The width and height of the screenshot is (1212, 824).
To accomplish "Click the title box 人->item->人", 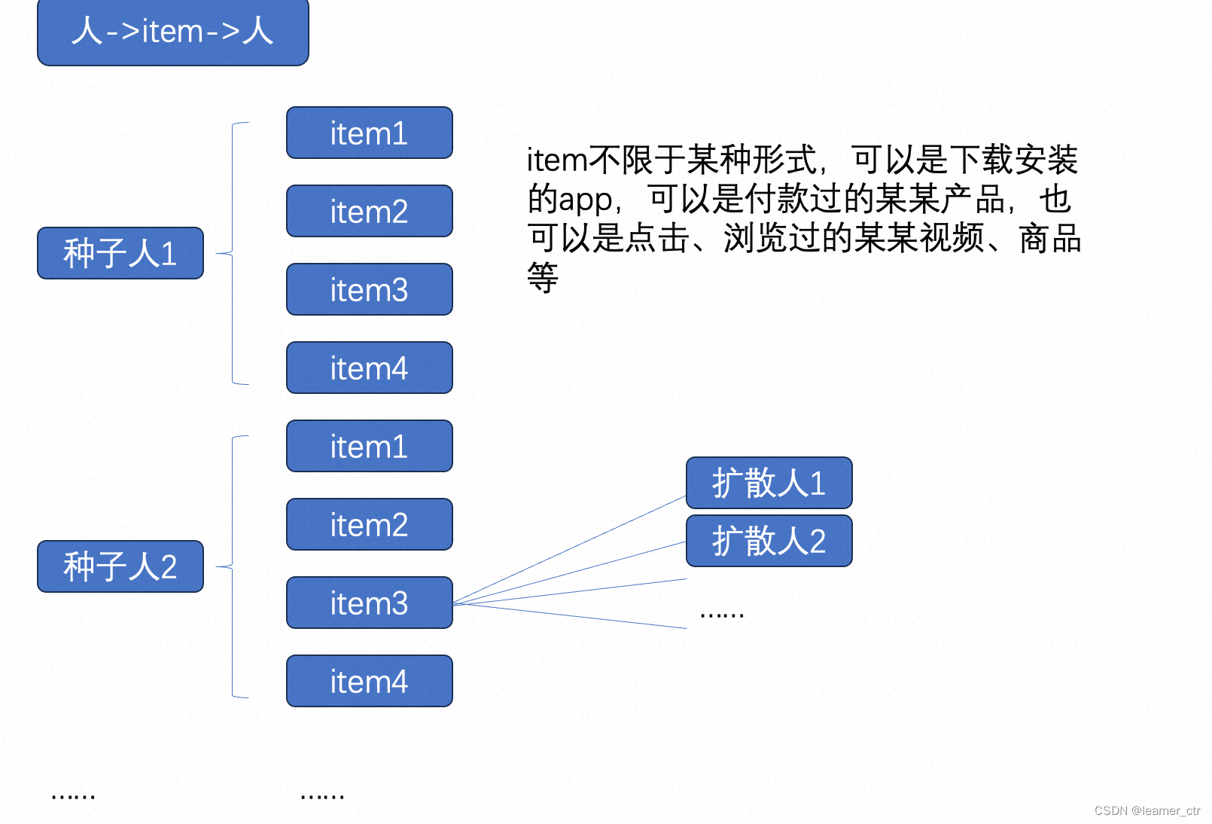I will [172, 32].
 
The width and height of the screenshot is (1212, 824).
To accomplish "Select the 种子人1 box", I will [120, 253].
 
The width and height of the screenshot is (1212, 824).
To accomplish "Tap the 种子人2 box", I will [120, 566].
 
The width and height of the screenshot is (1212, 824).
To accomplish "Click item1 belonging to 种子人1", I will [369, 133].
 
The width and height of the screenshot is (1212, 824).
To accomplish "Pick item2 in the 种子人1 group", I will [369, 212].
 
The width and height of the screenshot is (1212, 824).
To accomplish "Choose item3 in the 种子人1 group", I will [369, 290].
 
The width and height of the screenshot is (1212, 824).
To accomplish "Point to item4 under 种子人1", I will [369, 368].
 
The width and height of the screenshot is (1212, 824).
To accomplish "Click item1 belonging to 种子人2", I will [369, 447].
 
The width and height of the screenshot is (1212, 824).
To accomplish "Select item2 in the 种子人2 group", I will [369, 525].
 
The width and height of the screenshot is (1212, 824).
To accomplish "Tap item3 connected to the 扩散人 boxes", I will [369, 603].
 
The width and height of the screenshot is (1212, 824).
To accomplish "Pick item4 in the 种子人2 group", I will [369, 682].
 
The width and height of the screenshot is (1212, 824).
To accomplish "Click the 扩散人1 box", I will [769, 483].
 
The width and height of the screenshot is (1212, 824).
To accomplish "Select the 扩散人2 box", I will [769, 541].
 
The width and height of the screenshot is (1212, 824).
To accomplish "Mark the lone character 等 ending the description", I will [543, 278].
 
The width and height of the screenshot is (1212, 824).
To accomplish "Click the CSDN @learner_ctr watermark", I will [1147, 810].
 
